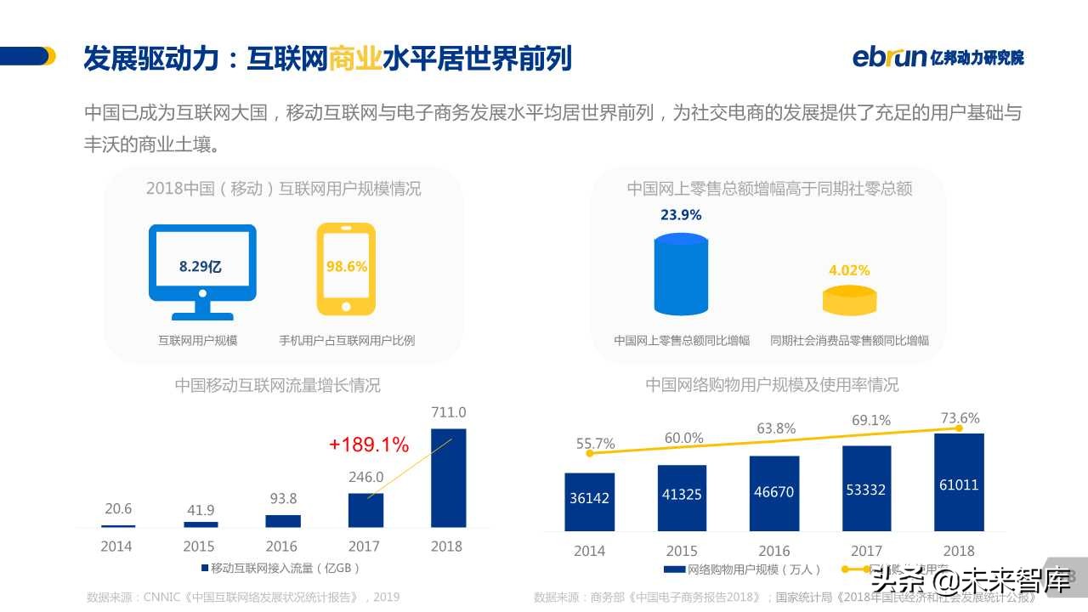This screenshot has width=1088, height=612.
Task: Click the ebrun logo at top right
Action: coord(938,57)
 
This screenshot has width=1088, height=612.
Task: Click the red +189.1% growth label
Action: coord(369,445)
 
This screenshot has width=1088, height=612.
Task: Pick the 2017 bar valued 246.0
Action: coord(365,510)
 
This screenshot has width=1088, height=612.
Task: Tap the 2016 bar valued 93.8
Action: coord(283,520)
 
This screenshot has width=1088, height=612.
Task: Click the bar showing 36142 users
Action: coord(589,501)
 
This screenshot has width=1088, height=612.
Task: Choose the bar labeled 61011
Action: coord(959,482)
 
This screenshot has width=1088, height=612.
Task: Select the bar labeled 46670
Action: coord(774,493)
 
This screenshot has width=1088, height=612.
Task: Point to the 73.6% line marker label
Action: coord(960,418)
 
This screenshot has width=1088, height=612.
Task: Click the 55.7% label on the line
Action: coord(595,444)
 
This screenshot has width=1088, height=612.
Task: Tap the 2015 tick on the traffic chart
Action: coord(199,547)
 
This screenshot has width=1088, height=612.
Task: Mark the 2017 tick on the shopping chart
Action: coord(866,551)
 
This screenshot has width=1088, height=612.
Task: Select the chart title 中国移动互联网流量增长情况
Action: coord(278,385)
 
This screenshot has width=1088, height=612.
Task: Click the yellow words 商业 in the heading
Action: coord(354,58)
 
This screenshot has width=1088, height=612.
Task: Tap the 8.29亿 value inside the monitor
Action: coord(201,266)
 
